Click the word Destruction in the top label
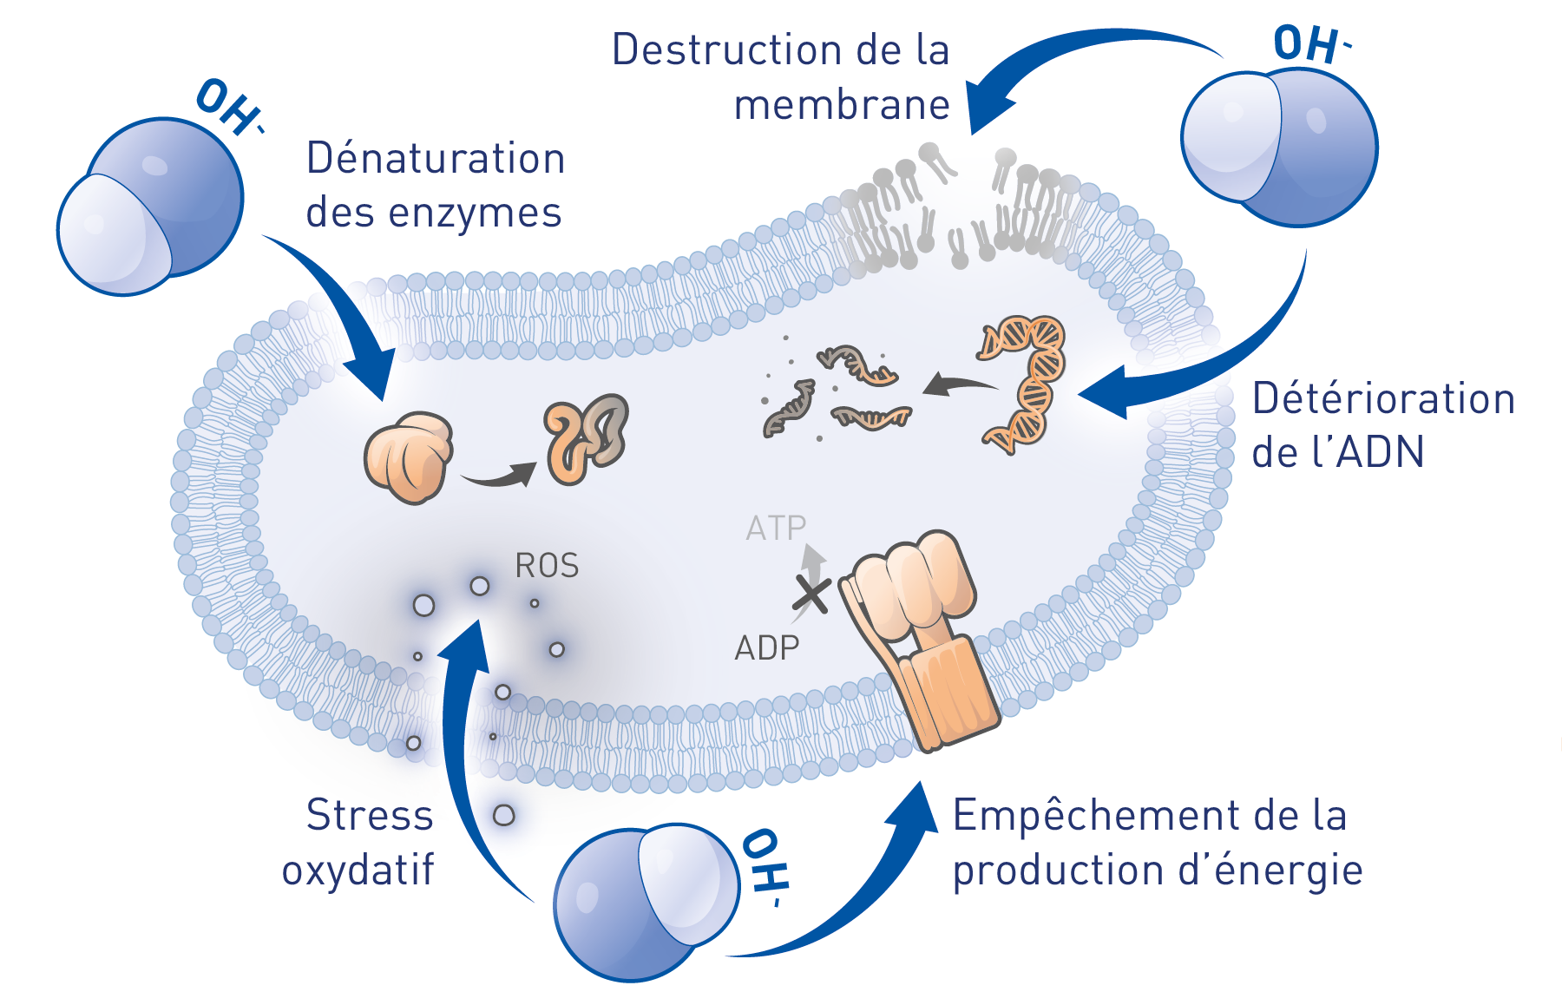tap(726, 49)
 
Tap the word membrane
tap(841, 105)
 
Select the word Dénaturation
tap(436, 159)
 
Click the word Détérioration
tap(1383, 399)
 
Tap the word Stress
tap(370, 816)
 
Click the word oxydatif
tap(358, 870)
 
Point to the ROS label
tap(547, 566)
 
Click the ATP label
tap(776, 528)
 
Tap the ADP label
tap(766, 647)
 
